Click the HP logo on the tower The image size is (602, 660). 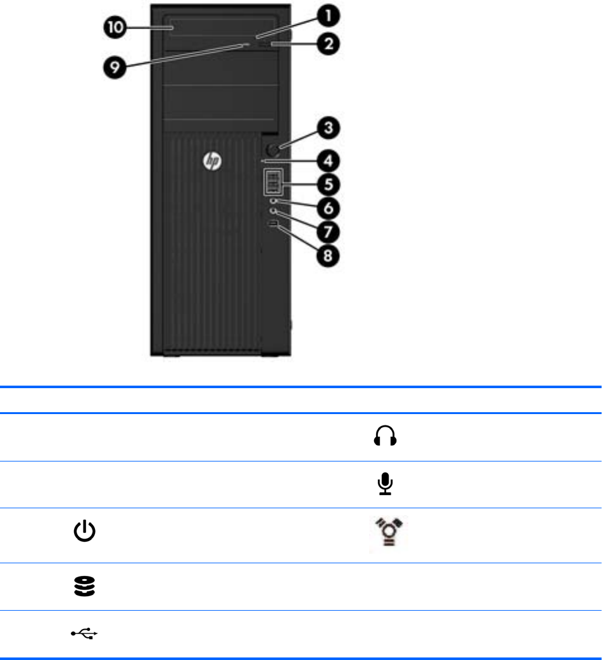click(x=212, y=162)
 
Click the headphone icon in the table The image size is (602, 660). click(x=386, y=436)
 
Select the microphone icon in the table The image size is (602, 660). click(x=386, y=484)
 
